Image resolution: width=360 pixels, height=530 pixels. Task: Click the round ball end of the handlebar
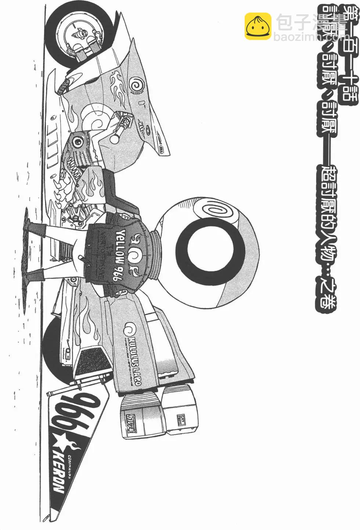point(115,138)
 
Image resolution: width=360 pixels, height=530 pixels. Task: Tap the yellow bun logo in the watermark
point(258,26)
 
